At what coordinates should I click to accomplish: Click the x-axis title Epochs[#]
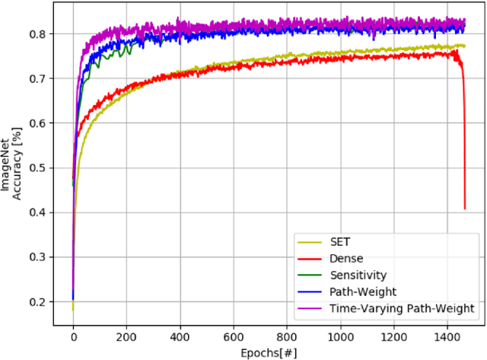[264, 352]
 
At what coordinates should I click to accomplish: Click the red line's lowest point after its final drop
[465, 209]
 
